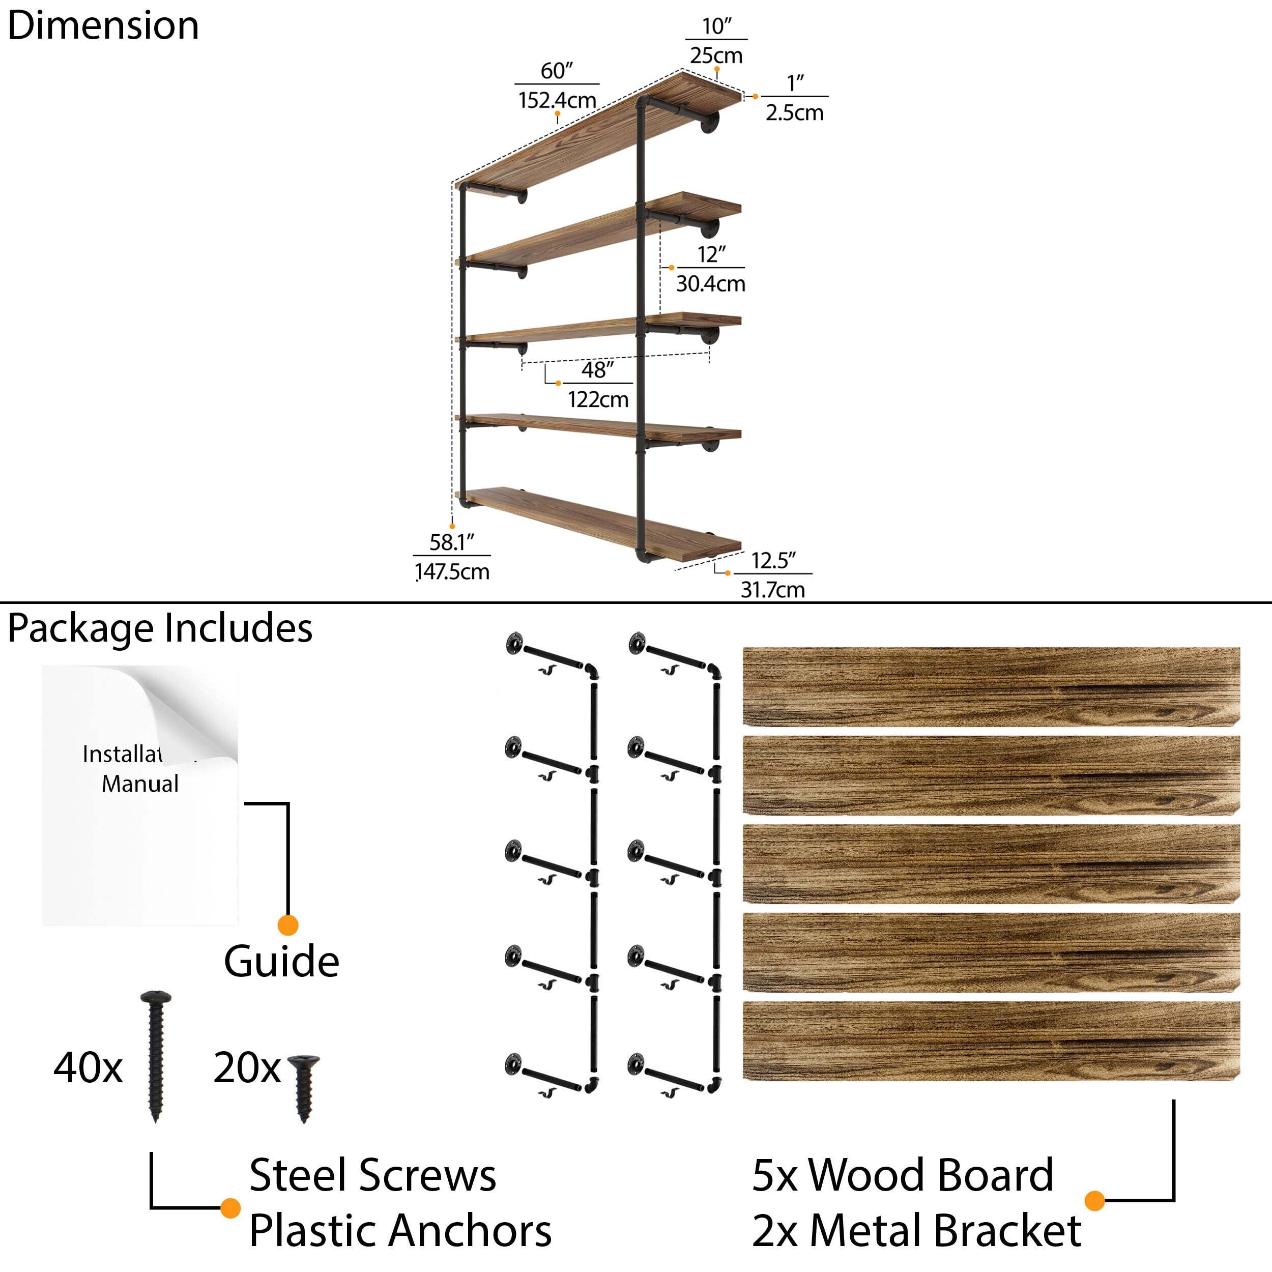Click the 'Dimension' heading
click(103, 26)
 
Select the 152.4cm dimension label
click(557, 100)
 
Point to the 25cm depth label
click(716, 55)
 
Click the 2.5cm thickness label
click(794, 112)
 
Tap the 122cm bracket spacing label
click(598, 399)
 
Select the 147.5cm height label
click(452, 571)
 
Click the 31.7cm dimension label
click(772, 589)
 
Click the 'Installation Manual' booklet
click(140, 795)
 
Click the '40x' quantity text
click(88, 1068)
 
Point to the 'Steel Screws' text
click(372, 1175)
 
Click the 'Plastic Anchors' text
click(400, 1230)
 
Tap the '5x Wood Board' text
click(903, 1175)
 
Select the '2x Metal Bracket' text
click(916, 1230)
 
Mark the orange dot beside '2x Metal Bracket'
click(1094, 1200)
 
